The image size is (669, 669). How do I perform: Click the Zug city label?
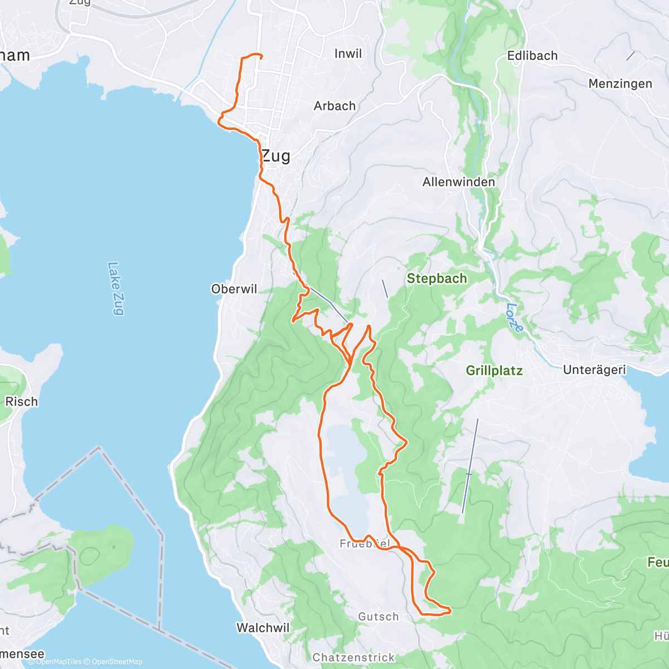276,156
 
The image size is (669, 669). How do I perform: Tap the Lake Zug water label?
115,288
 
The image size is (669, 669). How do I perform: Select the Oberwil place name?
234,289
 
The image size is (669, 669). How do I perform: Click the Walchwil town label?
263,628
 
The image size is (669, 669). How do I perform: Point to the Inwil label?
348,54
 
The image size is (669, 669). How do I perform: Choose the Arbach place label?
334,106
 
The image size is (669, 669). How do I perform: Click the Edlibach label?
532,56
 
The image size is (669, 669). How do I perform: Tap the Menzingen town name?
620,84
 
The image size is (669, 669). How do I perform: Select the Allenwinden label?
458,182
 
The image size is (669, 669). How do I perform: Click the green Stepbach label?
437,278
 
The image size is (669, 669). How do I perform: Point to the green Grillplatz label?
494,371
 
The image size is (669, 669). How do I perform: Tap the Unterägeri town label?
594,370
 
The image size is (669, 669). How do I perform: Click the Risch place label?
21,401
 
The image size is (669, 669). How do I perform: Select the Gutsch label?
379,617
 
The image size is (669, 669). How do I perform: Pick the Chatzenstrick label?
353,657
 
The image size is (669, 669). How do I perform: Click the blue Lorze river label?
515,318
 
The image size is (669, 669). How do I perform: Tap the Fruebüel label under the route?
365,544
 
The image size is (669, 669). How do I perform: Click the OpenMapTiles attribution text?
55,662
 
